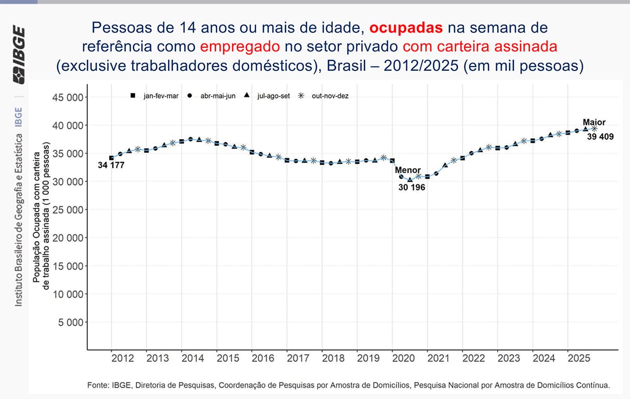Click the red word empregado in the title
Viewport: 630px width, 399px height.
[x=240, y=47]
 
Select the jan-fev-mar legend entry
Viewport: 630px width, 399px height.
[x=161, y=96]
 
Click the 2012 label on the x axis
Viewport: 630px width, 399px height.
[x=122, y=359]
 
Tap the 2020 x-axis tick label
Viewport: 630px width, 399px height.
[x=403, y=359]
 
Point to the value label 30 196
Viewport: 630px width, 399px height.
[x=411, y=187]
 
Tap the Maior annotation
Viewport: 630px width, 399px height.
[x=594, y=123]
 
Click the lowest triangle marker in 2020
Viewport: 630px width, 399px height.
[x=410, y=180]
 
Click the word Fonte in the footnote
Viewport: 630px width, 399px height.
[x=98, y=385]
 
